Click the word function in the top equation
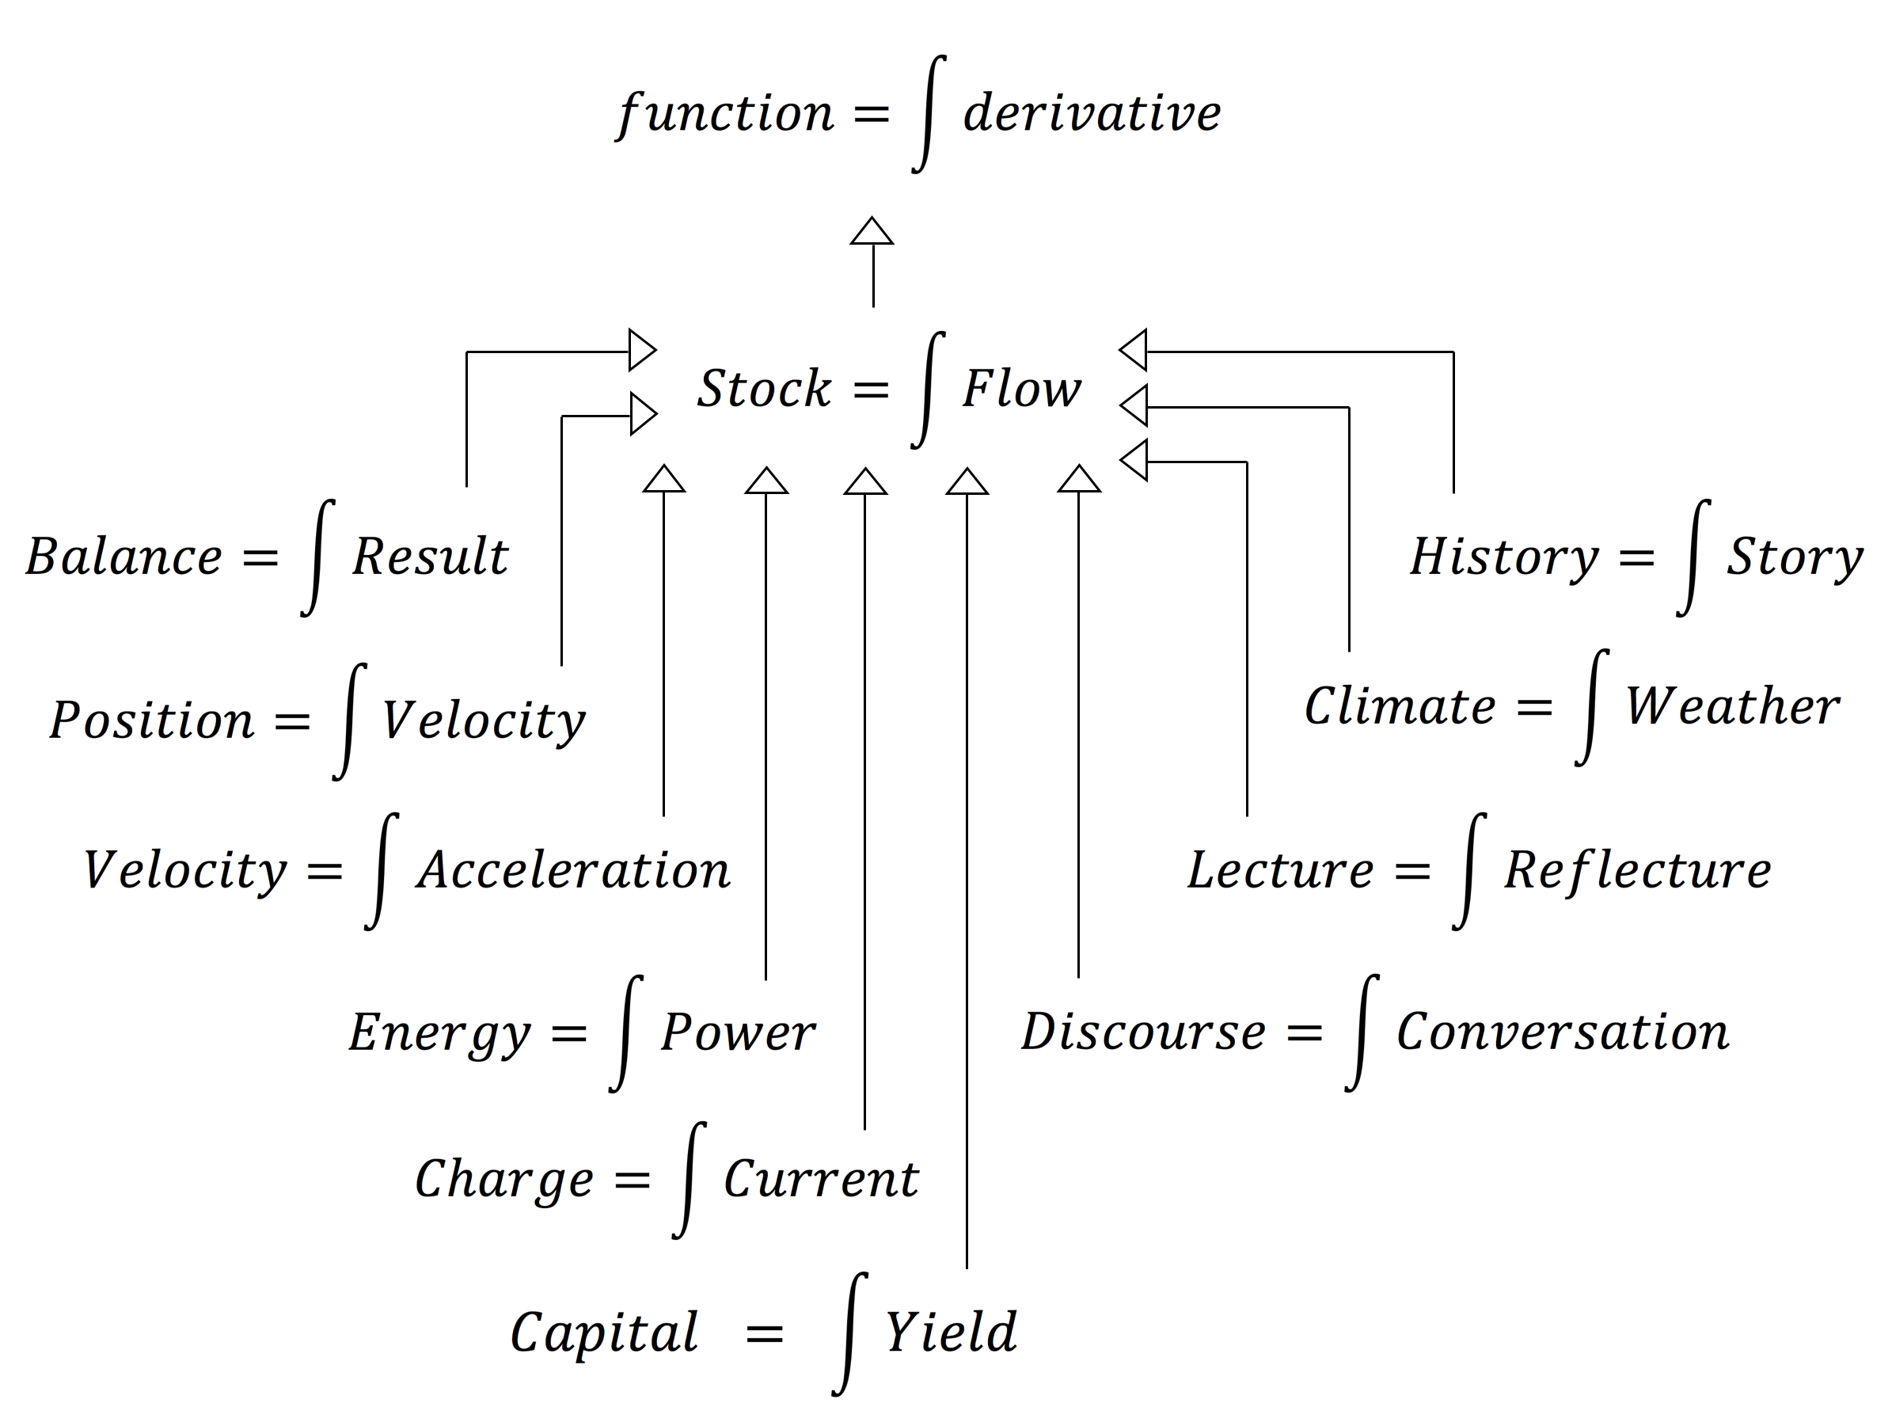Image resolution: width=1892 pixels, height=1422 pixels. tap(725, 114)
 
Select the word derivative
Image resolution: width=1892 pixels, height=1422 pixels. tap(1092, 114)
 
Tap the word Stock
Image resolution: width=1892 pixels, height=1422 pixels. tap(764, 390)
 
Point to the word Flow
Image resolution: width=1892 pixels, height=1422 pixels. tap(1021, 390)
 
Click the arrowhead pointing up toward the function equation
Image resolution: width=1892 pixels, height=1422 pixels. tap(872, 231)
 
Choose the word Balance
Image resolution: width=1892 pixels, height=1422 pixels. tap(124, 557)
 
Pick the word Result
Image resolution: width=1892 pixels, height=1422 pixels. tap(430, 557)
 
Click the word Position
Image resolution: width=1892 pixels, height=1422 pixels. tap(152, 721)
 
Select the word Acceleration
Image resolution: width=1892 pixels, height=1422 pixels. tap(573, 871)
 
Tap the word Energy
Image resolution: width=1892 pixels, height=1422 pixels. tap(439, 1033)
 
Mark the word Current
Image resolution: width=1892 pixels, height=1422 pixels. tap(821, 1180)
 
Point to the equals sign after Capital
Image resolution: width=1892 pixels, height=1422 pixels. tap(764, 1334)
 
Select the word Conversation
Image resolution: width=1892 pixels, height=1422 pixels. tap(1563, 1032)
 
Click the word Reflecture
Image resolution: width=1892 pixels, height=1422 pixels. tap(1637, 871)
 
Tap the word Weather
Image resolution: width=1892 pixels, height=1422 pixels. tap(1732, 708)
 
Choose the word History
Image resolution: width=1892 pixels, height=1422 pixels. tap(1503, 557)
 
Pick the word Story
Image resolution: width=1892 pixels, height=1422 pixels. tap(1795, 557)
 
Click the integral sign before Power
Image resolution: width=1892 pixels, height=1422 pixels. tap(625, 1033)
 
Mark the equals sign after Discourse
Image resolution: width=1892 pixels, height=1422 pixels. tap(1305, 1033)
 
